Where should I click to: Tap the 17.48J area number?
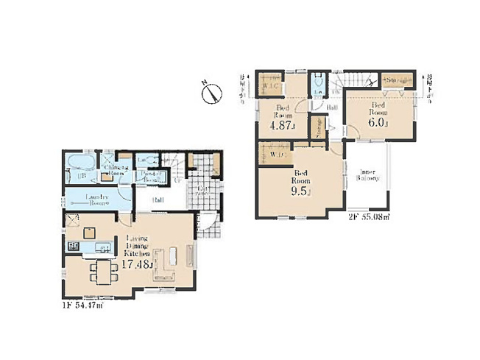pyautogui.click(x=139, y=264)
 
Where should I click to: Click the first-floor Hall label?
pyautogui.click(x=158, y=200)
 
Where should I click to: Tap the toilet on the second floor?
pyautogui.click(x=317, y=87)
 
